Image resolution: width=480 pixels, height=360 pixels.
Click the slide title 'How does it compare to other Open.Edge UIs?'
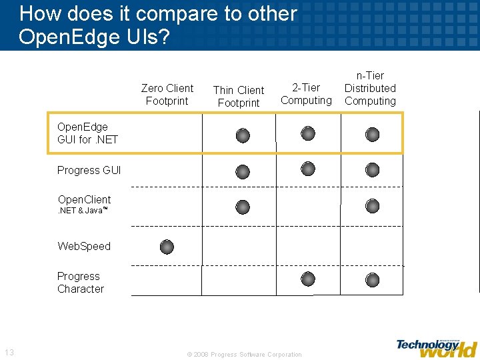click(x=158, y=25)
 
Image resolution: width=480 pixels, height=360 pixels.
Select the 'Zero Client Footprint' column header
click(x=167, y=95)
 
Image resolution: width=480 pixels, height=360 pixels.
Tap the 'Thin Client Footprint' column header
click(x=239, y=97)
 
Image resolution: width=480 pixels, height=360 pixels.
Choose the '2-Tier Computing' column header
click(x=306, y=94)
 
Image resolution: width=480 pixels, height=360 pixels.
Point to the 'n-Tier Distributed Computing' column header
click(x=370, y=89)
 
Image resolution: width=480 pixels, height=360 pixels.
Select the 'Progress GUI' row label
click(x=89, y=171)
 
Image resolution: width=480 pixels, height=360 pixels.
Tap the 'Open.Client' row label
click(x=84, y=204)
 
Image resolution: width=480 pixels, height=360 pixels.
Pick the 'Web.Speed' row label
click(x=84, y=246)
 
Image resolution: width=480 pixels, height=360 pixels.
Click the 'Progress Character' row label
click(x=81, y=283)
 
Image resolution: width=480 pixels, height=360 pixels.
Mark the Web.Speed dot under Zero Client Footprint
click(x=167, y=247)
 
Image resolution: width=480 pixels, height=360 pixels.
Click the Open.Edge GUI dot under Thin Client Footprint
click(x=243, y=136)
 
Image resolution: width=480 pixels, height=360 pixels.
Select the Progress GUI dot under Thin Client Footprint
click(x=243, y=172)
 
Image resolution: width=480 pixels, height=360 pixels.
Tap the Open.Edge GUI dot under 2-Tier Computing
click(x=307, y=133)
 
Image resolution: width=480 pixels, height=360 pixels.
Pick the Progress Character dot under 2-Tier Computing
click(x=307, y=279)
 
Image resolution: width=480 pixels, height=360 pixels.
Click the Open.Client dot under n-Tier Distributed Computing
click(x=372, y=206)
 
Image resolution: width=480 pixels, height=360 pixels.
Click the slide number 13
click(x=9, y=353)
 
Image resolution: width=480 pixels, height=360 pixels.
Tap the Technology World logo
click(x=437, y=347)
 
